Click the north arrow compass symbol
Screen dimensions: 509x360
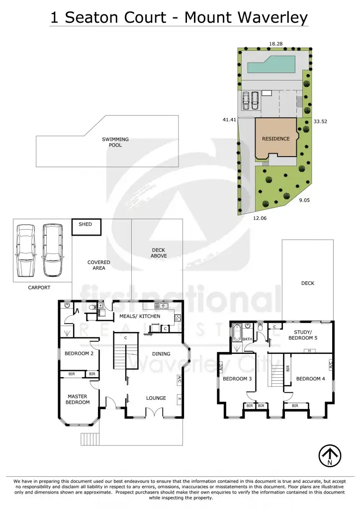[330, 454]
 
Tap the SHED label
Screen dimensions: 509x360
[86, 224]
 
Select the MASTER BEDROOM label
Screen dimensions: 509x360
[78, 399]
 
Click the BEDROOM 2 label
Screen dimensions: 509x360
[79, 354]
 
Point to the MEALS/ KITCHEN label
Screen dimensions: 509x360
[140, 316]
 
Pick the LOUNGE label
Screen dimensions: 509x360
[156, 398]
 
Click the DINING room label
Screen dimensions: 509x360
[161, 354]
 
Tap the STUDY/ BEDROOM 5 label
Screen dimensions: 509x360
[303, 335]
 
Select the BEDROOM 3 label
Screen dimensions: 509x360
[237, 379]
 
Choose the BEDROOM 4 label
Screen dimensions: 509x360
[311, 379]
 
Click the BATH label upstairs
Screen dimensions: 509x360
[247, 339]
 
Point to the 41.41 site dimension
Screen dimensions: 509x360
[229, 120]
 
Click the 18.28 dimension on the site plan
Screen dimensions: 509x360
[276, 44]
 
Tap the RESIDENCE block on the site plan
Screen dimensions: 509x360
[275, 139]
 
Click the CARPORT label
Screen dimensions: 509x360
[39, 287]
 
